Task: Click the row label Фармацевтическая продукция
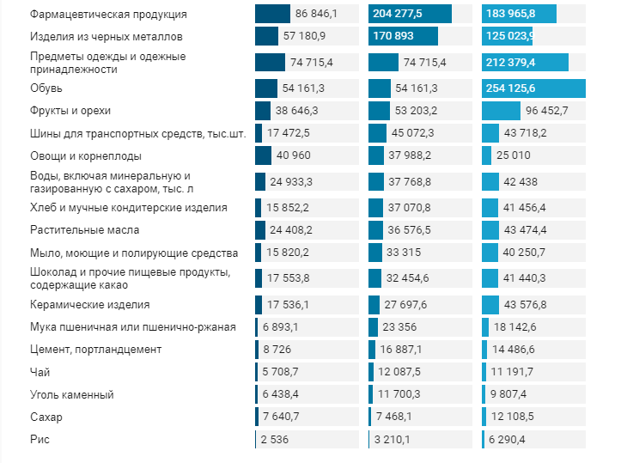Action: tap(108, 15)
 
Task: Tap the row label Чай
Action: tap(40, 372)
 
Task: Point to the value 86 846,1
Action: tap(316, 15)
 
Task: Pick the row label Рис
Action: tap(40, 439)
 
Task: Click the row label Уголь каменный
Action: tap(71, 394)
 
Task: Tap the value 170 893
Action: tap(398, 37)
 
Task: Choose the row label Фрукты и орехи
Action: tap(70, 111)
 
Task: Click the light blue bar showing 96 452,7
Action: tap(501, 111)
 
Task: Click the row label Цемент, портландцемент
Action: tap(95, 350)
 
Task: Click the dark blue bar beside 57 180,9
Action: tap(266, 37)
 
